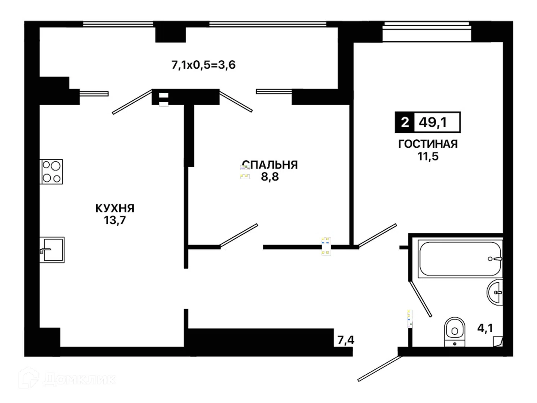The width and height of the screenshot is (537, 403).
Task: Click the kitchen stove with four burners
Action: pos(51,172)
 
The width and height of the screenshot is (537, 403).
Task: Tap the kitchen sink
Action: pos(52,250)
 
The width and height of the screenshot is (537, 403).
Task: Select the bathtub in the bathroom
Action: pos(460,259)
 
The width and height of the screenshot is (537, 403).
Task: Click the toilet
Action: pos(455,332)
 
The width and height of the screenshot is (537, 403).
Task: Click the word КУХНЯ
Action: pos(115,209)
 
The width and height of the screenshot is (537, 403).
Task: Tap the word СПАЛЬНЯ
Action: pos(270,165)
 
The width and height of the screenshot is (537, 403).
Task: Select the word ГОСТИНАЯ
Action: pos(428,144)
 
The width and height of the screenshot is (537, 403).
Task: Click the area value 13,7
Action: pos(115,220)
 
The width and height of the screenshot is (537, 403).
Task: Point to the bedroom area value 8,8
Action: pos(270,176)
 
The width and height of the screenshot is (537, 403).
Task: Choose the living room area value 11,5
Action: pos(428,156)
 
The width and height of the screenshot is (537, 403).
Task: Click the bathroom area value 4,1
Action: pos(485,328)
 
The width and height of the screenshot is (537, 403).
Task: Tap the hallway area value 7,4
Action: pos(346,340)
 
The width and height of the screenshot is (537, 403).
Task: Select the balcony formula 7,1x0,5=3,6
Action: pos(203,65)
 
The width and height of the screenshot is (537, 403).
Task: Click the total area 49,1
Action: pos(433,122)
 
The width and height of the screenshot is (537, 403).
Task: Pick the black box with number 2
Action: pos(405,122)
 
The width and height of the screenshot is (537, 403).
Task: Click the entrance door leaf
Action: pos(380,369)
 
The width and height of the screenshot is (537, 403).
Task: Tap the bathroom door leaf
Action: pos(420,299)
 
